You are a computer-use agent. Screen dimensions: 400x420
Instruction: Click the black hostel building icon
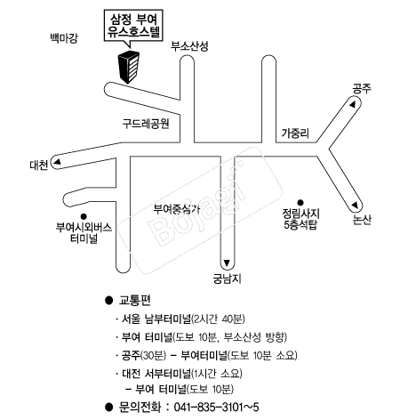[129, 68]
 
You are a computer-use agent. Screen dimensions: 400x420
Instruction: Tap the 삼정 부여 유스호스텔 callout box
[133, 26]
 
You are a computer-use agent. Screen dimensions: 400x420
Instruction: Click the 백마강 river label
[64, 38]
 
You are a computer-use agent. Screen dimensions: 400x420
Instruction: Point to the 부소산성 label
[189, 46]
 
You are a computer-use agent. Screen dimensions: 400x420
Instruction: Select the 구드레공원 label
[146, 124]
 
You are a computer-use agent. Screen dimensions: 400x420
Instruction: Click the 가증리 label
[295, 133]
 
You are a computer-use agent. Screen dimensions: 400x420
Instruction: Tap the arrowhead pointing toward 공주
[352, 105]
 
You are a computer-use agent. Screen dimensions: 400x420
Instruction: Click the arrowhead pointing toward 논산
[355, 205]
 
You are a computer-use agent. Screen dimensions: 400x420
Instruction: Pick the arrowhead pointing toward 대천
[57, 162]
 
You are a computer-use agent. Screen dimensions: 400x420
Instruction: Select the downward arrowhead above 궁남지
[227, 262]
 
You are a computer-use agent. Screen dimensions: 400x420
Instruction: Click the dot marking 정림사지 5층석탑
[300, 203]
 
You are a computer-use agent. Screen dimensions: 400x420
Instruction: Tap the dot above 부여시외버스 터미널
[84, 216]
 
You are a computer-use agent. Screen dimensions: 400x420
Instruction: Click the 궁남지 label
[227, 279]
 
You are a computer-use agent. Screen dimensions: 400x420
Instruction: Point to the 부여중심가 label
[177, 209]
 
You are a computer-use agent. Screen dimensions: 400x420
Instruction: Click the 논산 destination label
[362, 220]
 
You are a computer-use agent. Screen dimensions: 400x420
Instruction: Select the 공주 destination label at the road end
[362, 89]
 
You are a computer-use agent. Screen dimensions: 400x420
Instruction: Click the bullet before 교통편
[109, 301]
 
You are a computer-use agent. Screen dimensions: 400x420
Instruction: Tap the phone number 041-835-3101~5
[216, 407]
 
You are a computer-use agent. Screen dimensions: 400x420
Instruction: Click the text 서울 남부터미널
[156, 319]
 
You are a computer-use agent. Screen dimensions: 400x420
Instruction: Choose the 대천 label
[39, 165]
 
